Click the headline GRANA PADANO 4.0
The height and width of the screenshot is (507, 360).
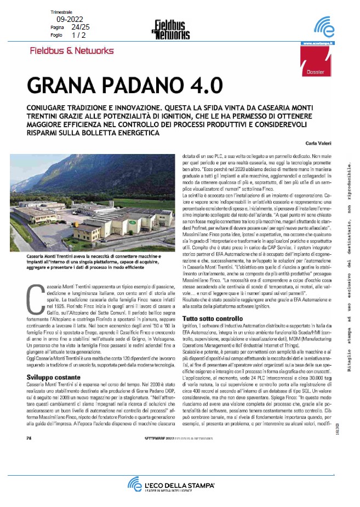[125, 86]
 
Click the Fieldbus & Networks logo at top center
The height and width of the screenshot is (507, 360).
[170, 29]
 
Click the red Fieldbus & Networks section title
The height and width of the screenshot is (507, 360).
[72, 51]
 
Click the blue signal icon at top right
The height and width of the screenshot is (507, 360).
[323, 27]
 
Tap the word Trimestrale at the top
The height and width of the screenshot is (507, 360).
[61, 12]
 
